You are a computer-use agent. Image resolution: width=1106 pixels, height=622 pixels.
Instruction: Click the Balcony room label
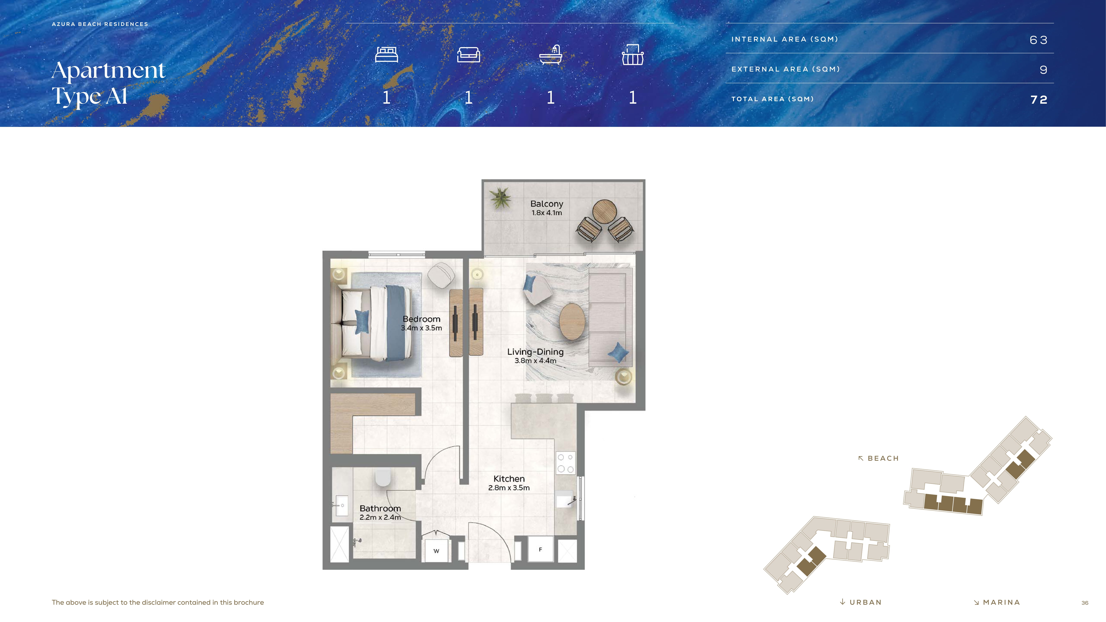click(547, 204)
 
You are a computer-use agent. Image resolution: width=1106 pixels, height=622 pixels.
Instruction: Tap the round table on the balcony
click(604, 212)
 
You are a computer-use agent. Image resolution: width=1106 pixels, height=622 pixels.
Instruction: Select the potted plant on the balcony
click(500, 197)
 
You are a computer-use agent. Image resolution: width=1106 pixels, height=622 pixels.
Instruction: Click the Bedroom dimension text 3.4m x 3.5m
click(421, 328)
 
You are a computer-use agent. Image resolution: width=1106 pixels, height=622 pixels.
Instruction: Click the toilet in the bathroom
click(383, 477)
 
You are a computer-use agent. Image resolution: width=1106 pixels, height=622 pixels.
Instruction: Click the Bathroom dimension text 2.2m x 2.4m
click(380, 517)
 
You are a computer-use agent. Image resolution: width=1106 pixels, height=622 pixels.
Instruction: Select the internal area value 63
click(1039, 40)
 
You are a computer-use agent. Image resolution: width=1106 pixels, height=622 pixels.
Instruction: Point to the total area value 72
click(1039, 100)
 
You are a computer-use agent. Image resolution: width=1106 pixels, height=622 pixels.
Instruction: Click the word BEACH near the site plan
click(883, 458)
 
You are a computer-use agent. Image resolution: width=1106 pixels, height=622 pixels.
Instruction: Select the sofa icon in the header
click(468, 55)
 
